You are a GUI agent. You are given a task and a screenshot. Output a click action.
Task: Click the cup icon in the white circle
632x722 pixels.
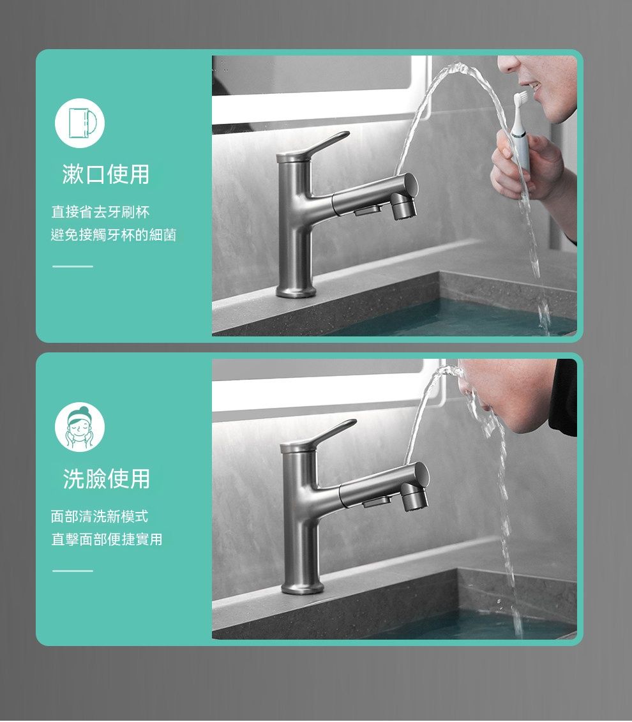pyautogui.click(x=82, y=123)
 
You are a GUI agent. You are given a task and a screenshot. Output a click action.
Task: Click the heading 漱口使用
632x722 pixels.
pyautogui.click(x=106, y=174)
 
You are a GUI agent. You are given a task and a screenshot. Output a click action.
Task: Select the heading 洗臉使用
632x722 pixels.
pyautogui.click(x=107, y=479)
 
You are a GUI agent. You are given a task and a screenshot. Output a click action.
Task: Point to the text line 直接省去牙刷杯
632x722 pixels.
pyautogui.click(x=100, y=213)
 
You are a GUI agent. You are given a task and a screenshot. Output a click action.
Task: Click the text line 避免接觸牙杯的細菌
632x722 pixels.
pyautogui.click(x=114, y=236)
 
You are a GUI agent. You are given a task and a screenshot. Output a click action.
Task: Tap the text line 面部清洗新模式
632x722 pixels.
pyautogui.click(x=100, y=516)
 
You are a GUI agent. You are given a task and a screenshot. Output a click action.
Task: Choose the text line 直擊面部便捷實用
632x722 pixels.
pyautogui.click(x=107, y=539)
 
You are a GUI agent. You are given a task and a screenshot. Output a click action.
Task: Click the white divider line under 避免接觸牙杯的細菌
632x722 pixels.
pyautogui.click(x=73, y=266)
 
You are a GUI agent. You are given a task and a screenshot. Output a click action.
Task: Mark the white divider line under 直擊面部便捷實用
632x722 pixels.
pyautogui.click(x=73, y=571)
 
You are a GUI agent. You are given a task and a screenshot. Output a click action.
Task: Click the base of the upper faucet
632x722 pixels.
pyautogui.click(x=296, y=289)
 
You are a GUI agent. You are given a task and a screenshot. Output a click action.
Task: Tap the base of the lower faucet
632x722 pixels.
pyautogui.click(x=301, y=586)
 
